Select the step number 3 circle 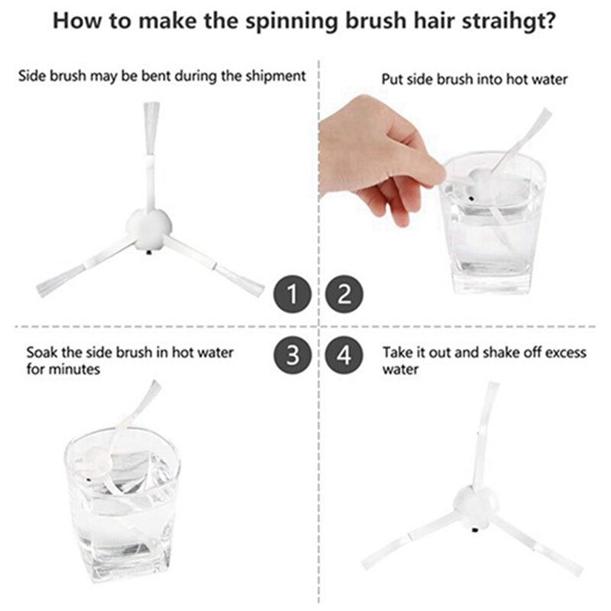coord(293,356)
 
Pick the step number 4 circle coord(345,356)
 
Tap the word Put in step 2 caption coord(392,79)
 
